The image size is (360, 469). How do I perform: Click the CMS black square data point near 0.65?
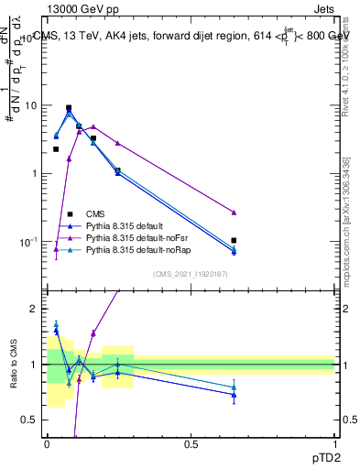point(235,240)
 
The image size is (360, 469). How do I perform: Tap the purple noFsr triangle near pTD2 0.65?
point(235,213)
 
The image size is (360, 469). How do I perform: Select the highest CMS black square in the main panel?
point(69,108)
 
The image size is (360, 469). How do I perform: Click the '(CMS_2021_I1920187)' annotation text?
point(190,275)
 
